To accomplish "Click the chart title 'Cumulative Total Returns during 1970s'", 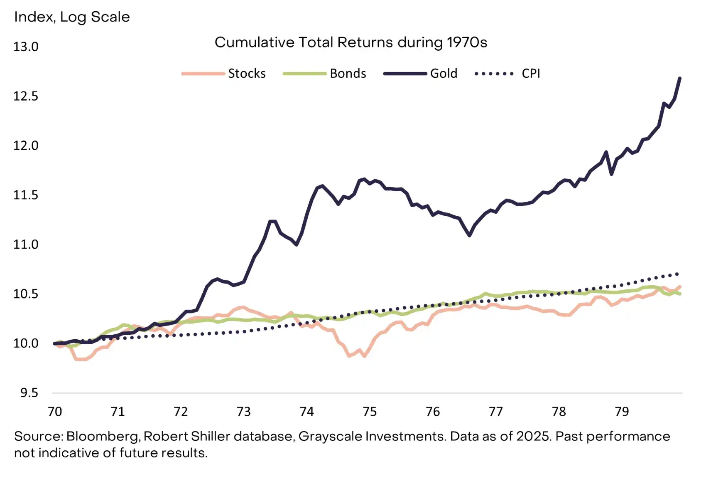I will point(351,42).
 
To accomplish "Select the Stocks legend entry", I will point(247,74).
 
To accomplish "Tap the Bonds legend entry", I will point(348,74).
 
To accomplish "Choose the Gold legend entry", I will point(444,74).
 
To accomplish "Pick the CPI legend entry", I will point(531,74).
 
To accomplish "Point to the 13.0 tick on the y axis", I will point(26,47).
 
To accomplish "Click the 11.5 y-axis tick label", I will point(26,195).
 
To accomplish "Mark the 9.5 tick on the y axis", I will point(29,393).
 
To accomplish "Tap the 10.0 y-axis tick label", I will point(26,343).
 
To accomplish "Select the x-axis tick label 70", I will point(55,412).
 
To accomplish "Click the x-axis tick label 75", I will point(370,412).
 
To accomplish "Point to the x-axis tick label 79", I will point(622,412).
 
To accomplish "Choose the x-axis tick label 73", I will point(244,412).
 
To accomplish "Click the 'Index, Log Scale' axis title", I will point(72,17).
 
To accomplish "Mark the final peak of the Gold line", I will point(680,78).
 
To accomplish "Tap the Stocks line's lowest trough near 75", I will point(365,356).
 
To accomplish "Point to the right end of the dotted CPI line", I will point(678,274).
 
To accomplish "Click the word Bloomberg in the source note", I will point(102,436).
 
